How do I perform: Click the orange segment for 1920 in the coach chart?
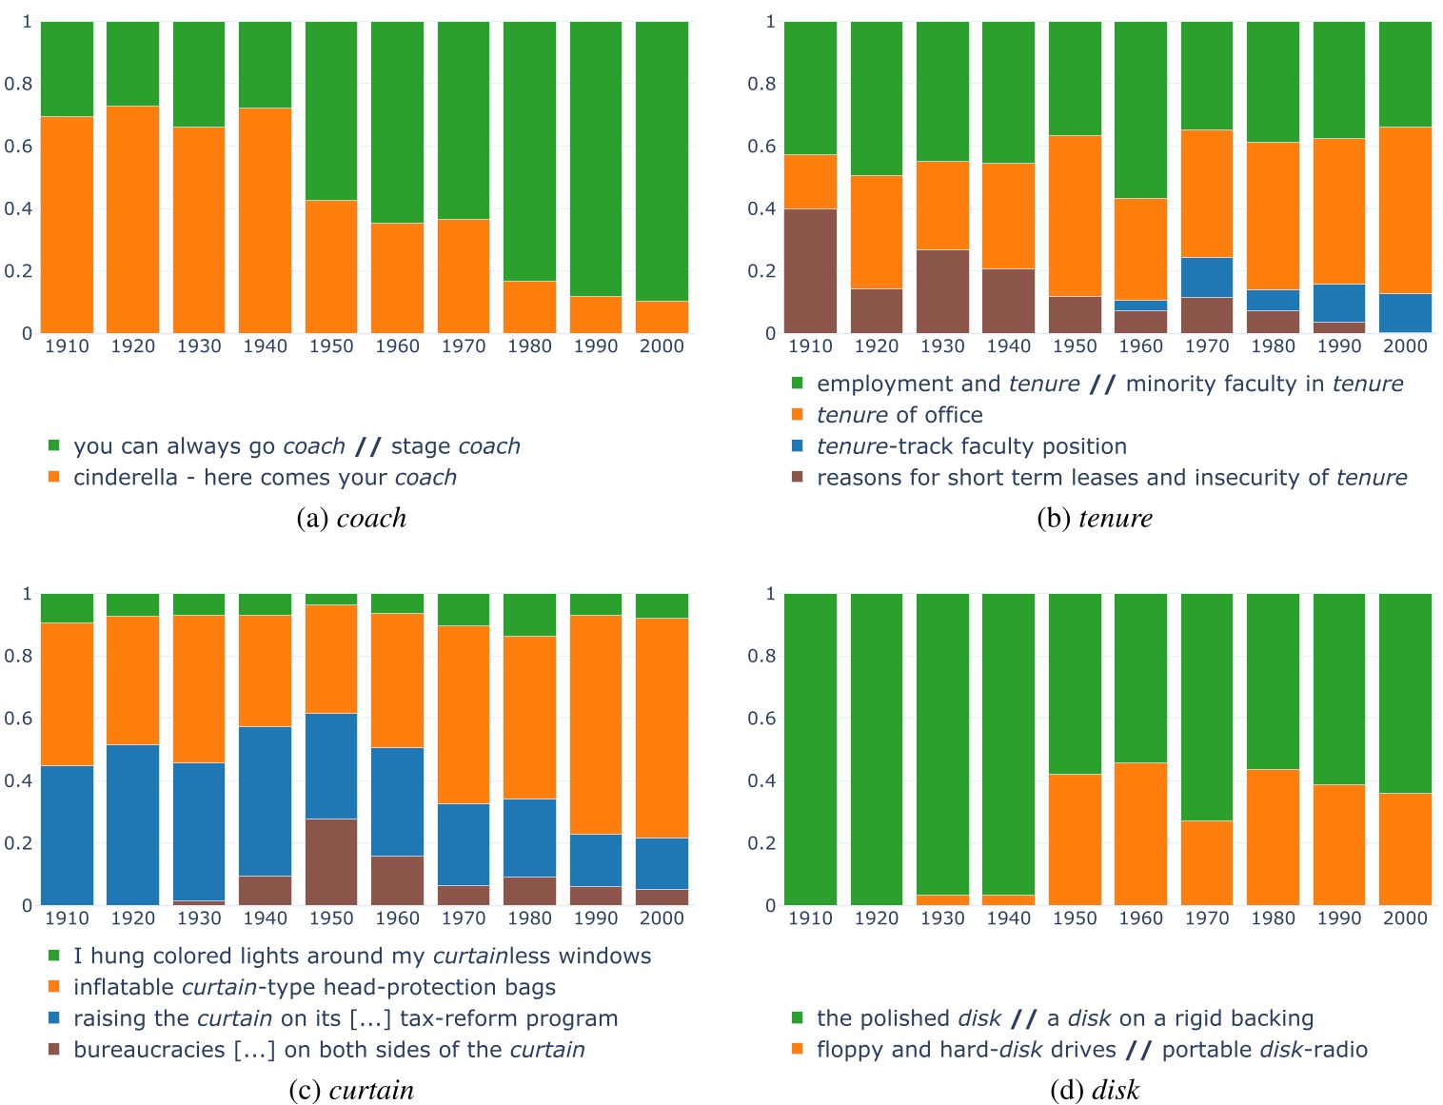132,219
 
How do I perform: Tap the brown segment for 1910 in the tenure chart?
810,270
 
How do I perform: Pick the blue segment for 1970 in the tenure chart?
1206,277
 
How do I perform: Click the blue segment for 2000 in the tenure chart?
1405,313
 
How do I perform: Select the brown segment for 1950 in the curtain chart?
331,861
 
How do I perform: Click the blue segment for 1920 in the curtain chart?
132,824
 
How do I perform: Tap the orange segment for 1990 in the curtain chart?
596,724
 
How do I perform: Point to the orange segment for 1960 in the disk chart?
1140,833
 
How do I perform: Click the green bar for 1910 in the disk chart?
810,748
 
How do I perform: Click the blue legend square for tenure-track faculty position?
798,445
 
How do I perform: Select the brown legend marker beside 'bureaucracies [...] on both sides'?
54,1049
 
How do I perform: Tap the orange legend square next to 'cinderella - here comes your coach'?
54,477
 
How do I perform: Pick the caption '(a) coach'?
351,518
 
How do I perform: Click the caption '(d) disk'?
1094,1090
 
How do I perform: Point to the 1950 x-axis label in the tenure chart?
1075,346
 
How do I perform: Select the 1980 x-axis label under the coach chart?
529,346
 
